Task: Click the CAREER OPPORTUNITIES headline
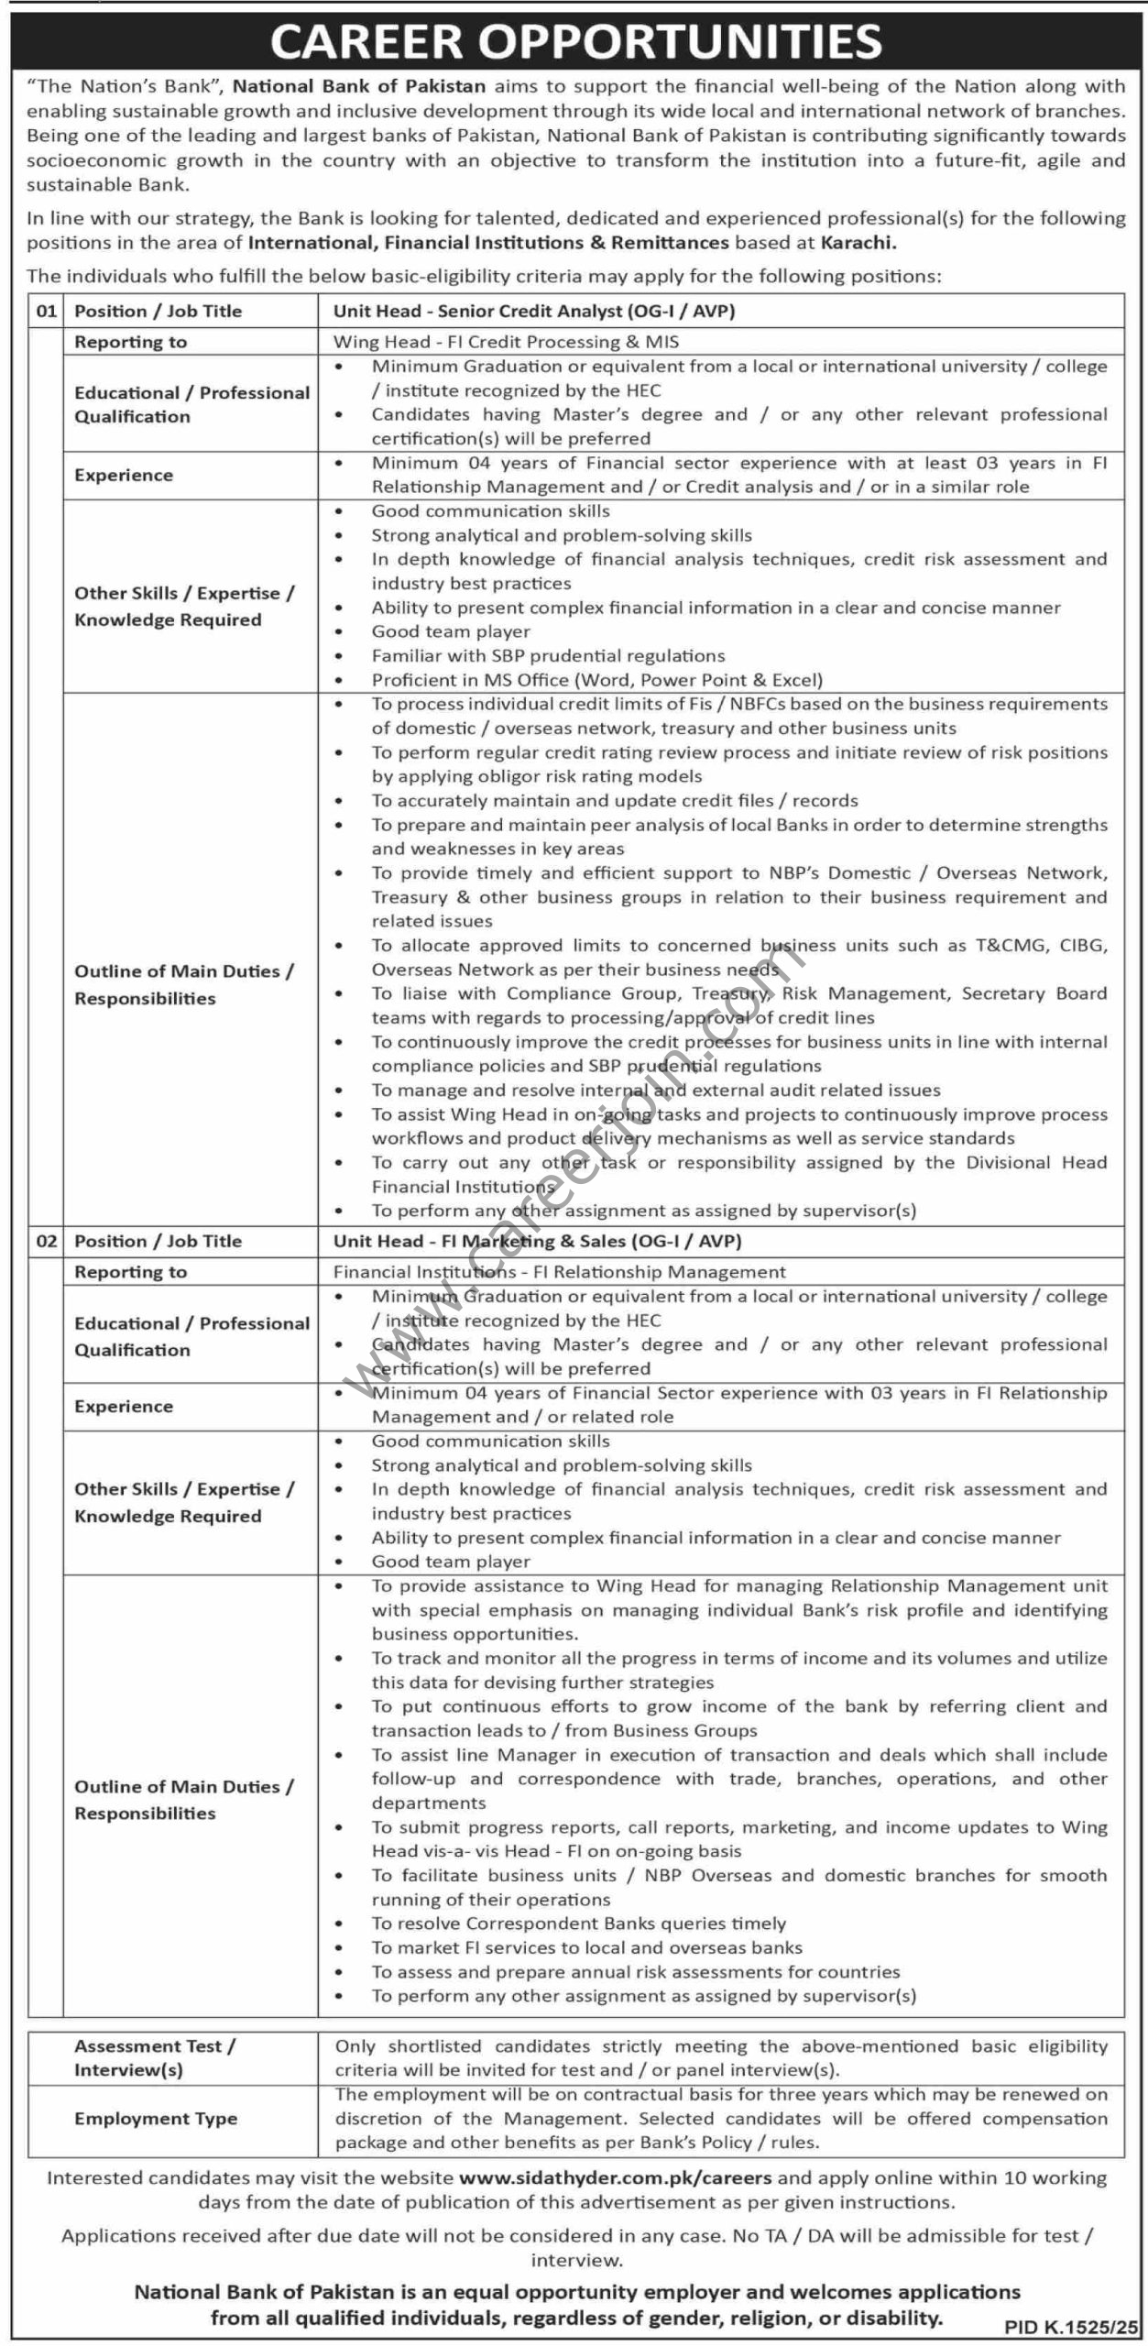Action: pyautogui.click(x=575, y=42)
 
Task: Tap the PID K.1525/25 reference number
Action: pyautogui.click(x=1070, y=2327)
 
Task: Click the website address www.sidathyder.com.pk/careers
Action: pyautogui.click(x=615, y=2177)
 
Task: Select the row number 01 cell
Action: pyautogui.click(x=46, y=312)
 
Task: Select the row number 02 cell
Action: pyautogui.click(x=46, y=1242)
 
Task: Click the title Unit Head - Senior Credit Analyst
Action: pyautogui.click(x=534, y=312)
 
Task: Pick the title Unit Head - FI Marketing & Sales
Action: pyautogui.click(x=537, y=1242)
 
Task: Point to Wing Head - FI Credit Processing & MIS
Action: pyautogui.click(x=506, y=342)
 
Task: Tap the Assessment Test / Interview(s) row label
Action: pyautogui.click(x=155, y=2057)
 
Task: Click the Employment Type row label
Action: pyautogui.click(x=156, y=2118)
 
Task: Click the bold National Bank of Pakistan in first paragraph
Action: pyautogui.click(x=359, y=87)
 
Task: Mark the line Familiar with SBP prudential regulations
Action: pyautogui.click(x=548, y=656)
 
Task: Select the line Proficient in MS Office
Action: pyautogui.click(x=596, y=680)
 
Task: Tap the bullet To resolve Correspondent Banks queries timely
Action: pyautogui.click(x=578, y=1923)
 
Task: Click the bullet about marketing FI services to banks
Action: pyautogui.click(x=586, y=1947)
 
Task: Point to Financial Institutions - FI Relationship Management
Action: pyautogui.click(x=559, y=1272)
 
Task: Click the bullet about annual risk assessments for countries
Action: pyautogui.click(x=635, y=1971)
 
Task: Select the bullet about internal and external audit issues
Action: pyautogui.click(x=655, y=1091)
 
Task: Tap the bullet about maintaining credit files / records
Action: pyautogui.click(x=614, y=801)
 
